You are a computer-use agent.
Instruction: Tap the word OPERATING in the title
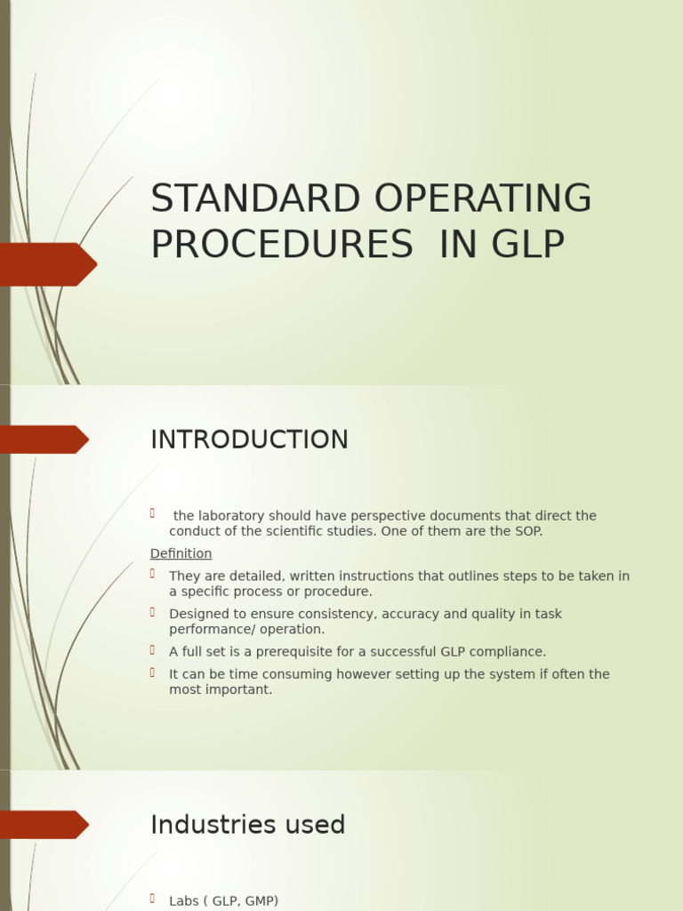click(483, 199)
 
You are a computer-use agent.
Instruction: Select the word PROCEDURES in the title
click(282, 245)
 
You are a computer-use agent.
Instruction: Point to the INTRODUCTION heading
click(249, 440)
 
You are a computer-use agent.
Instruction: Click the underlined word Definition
click(181, 553)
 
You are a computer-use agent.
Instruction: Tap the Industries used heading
click(247, 825)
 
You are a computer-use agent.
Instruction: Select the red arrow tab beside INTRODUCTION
click(44, 439)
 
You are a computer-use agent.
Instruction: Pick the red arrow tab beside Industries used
click(44, 825)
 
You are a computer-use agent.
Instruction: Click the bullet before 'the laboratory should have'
click(153, 513)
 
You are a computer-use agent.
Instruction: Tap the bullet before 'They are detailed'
click(153, 574)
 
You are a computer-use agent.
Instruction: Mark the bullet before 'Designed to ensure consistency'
click(153, 612)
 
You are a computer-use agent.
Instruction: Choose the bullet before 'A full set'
click(153, 649)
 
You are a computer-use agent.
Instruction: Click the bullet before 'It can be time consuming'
click(153, 673)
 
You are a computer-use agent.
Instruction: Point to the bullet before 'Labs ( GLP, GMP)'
click(153, 899)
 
